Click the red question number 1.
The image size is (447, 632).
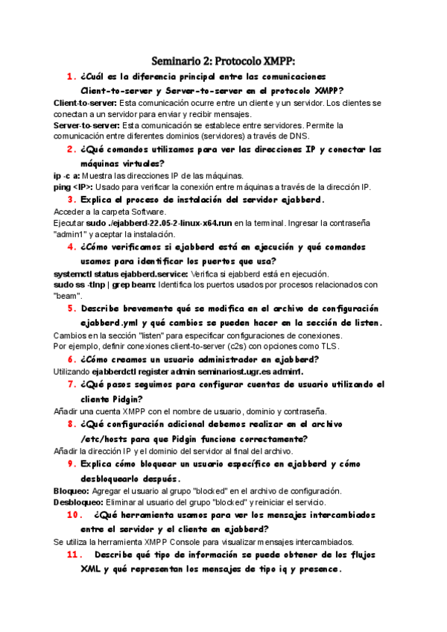pyautogui.click(x=72, y=77)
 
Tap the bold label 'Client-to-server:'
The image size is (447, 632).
pyautogui.click(x=86, y=102)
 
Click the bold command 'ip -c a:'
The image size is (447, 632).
pyautogui.click(x=67, y=175)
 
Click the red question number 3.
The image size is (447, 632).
pyautogui.click(x=72, y=200)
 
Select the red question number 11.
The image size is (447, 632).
pyautogui.click(x=74, y=555)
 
